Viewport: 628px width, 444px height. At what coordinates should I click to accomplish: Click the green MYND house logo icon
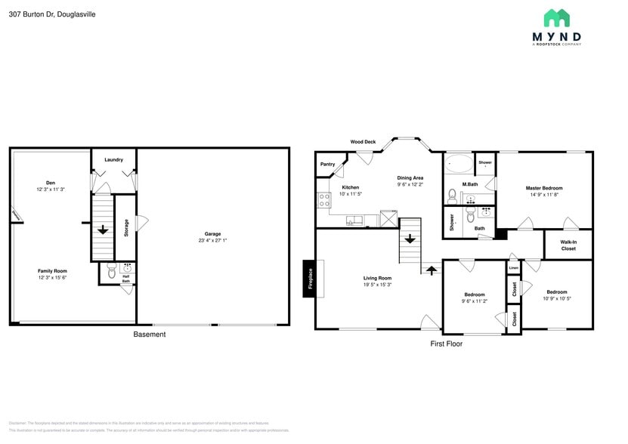556,18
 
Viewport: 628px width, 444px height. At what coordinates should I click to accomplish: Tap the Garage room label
212,233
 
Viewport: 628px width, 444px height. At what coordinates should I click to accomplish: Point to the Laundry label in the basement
113,159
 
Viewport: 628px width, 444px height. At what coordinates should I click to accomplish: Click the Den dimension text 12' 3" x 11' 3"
50,189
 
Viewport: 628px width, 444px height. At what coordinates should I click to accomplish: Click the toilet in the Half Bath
110,273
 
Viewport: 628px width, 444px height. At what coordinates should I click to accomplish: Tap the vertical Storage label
126,227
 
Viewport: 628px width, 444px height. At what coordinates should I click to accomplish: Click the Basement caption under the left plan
149,335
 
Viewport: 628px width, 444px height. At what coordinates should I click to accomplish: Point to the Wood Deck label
363,141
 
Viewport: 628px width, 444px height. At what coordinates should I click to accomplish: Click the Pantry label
327,164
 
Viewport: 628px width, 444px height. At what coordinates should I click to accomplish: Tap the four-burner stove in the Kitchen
323,201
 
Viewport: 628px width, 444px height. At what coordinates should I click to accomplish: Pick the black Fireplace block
308,279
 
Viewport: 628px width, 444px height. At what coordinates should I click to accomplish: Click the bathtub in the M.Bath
458,163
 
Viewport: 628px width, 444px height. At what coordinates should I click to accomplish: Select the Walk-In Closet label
568,245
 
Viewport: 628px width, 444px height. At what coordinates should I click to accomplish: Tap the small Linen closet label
513,267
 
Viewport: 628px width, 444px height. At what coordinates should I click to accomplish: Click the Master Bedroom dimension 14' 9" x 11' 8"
544,195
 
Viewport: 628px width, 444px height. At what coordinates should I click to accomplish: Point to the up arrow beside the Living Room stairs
432,267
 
